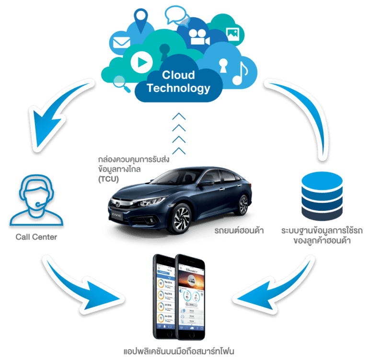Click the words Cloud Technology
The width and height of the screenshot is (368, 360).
coord(179,81)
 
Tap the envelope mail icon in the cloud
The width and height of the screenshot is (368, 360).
coord(120,43)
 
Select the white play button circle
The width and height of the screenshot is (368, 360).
coord(142,61)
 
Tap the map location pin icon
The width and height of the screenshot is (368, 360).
coord(142,20)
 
